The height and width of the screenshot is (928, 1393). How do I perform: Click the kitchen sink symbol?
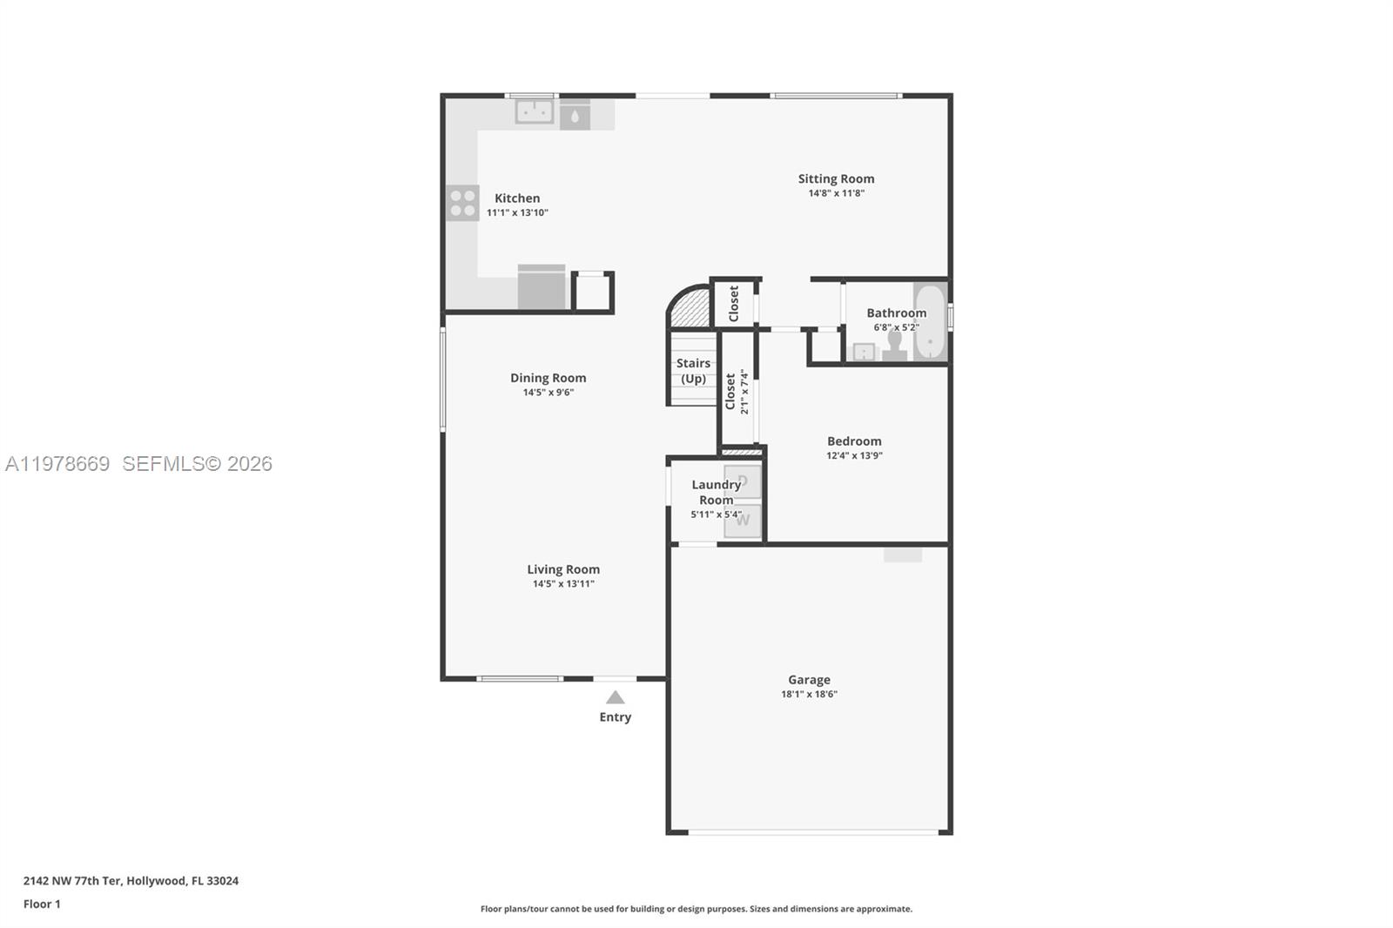click(534, 111)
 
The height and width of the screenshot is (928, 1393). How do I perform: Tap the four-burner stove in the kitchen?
click(462, 203)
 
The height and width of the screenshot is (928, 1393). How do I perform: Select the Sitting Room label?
click(836, 178)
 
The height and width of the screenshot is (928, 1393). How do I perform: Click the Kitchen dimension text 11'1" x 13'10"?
click(517, 212)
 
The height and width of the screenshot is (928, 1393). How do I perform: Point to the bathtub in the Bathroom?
click(930, 322)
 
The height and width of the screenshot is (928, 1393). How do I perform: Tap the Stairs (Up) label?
click(693, 371)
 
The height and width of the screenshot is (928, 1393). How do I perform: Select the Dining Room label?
click(548, 378)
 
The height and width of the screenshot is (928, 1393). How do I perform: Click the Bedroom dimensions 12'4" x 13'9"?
click(854, 455)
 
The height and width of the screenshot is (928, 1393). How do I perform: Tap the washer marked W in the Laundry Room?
click(743, 521)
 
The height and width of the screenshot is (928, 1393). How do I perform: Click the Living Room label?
click(563, 569)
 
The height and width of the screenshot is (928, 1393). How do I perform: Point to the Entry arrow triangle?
click(616, 697)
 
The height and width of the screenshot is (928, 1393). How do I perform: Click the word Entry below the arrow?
click(615, 717)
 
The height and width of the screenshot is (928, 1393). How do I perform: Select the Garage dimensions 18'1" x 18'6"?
click(809, 694)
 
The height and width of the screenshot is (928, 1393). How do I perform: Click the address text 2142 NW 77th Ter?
click(72, 880)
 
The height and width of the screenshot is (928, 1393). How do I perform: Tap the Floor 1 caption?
click(42, 904)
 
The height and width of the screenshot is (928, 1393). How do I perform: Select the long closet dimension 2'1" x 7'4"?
click(744, 392)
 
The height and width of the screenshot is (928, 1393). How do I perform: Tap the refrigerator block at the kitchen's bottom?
click(542, 287)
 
